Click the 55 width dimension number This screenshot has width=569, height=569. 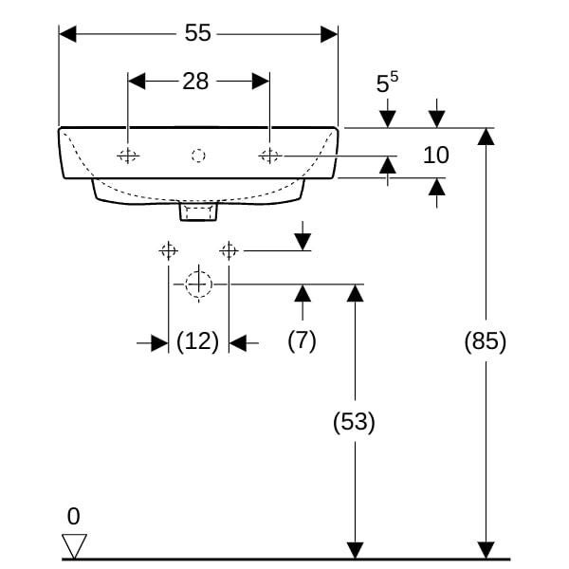pyautogui.click(x=197, y=33)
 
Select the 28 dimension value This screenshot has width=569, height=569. pyautogui.click(x=195, y=82)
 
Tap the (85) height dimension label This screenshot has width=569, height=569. pyautogui.click(x=486, y=341)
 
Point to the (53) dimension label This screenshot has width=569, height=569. pyautogui.click(x=354, y=422)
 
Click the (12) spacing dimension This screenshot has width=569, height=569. pyautogui.click(x=198, y=341)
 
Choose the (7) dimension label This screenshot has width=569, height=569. pyautogui.click(x=302, y=340)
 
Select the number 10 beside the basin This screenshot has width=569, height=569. pyautogui.click(x=436, y=155)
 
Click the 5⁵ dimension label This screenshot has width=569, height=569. pyautogui.click(x=387, y=83)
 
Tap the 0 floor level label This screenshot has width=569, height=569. pyautogui.click(x=73, y=516)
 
